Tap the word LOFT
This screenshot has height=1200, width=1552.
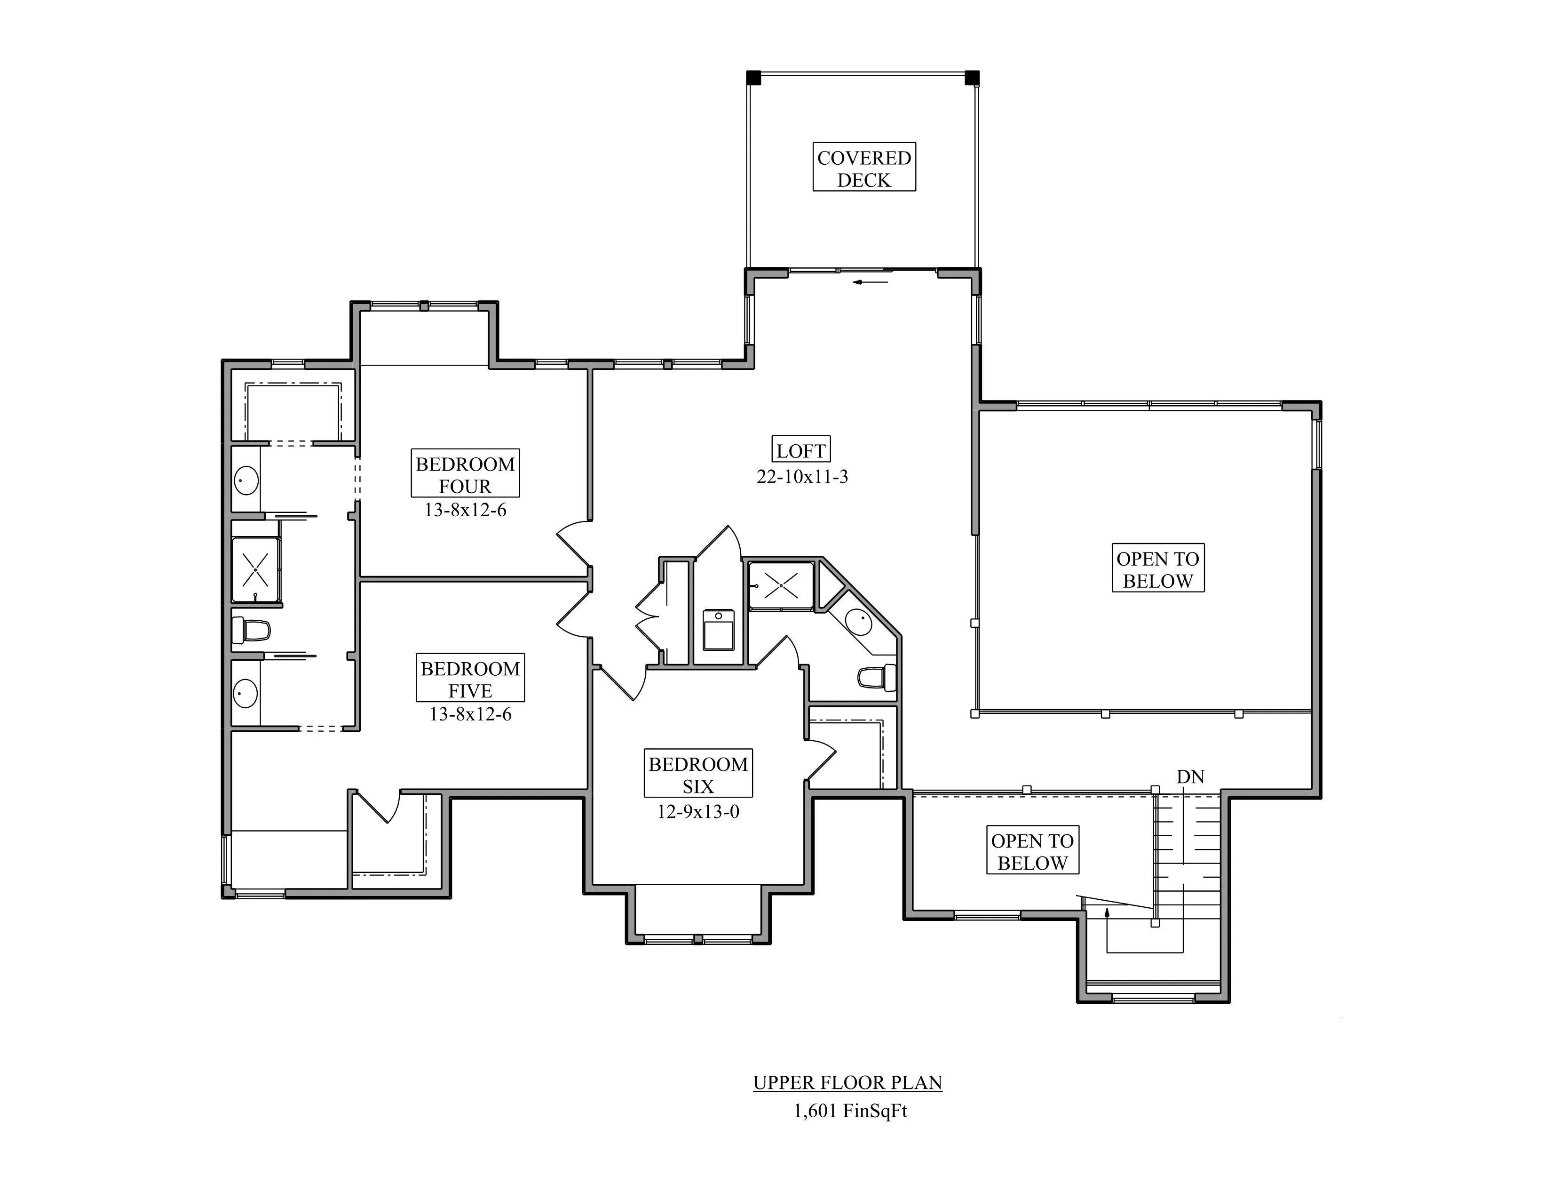point(801,451)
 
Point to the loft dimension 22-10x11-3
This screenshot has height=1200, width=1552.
point(802,476)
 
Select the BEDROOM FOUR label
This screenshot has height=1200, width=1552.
point(466,474)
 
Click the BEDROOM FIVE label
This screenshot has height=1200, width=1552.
point(470,679)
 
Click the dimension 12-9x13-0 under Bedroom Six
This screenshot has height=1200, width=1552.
point(698,811)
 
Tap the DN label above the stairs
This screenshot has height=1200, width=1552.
point(1190,777)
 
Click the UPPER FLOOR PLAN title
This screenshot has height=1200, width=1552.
point(848,1083)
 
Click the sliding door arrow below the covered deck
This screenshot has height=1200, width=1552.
point(871,282)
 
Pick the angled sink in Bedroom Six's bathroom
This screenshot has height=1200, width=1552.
point(859,623)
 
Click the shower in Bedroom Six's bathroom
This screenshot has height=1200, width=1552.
point(781,585)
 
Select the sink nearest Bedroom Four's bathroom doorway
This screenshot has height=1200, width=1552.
point(246,480)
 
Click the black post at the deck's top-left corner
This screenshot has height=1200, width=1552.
point(754,78)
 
